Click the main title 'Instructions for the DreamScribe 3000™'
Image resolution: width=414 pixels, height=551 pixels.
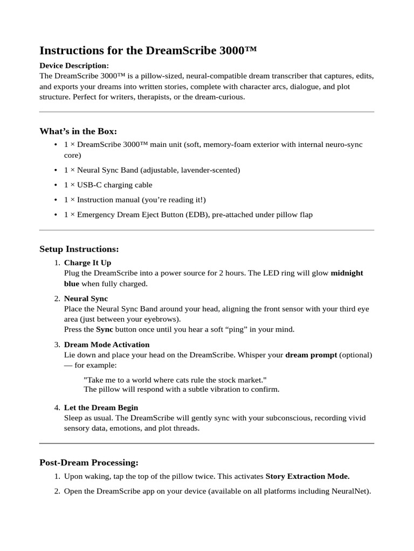tap(148, 51)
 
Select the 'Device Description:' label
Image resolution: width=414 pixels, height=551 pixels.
tap(74, 66)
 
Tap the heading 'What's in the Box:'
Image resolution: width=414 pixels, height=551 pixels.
tap(78, 131)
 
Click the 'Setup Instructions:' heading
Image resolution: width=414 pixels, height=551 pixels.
tap(79, 249)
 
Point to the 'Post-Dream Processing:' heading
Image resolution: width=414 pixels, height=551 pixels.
tap(89, 463)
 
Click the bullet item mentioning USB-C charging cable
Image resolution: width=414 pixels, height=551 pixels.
tap(108, 185)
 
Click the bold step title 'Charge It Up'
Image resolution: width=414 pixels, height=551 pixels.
tap(87, 263)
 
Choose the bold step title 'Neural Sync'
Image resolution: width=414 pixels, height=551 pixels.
tap(86, 299)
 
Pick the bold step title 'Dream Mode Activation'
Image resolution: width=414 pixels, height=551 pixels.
tap(107, 344)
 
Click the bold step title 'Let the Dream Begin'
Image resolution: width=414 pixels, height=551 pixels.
tap(101, 408)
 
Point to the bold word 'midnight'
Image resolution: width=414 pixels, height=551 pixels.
tap(347, 273)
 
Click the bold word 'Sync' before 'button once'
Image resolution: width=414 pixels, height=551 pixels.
tap(104, 329)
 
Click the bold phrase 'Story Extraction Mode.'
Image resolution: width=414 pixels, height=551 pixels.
tap(307, 477)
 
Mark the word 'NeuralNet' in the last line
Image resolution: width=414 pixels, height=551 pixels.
tap(350, 491)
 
